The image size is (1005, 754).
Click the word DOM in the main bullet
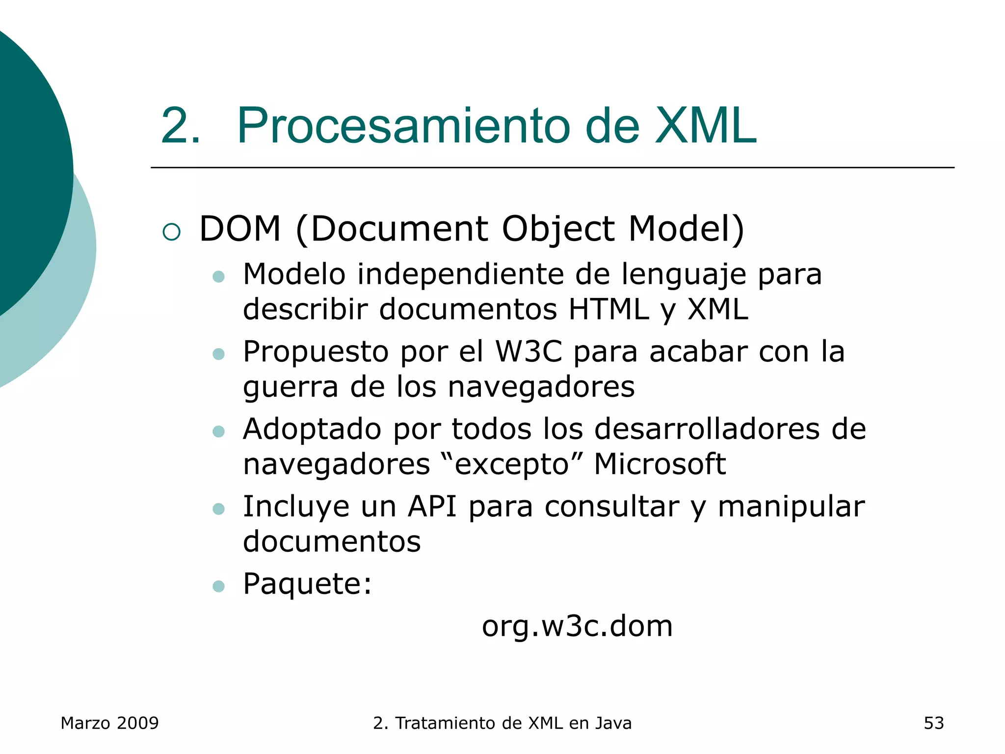click(240, 229)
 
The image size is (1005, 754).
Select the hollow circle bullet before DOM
click(171, 232)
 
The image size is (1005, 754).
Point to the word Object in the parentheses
click(558, 230)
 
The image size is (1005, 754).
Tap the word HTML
click(608, 309)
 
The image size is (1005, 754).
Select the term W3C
click(529, 351)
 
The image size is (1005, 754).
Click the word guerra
click(291, 387)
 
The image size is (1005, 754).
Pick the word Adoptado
click(312, 429)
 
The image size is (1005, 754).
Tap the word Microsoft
click(660, 464)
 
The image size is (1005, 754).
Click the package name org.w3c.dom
click(577, 626)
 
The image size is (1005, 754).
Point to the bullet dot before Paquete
click(218, 586)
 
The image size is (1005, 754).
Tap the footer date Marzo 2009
click(109, 723)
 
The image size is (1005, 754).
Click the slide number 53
click(933, 723)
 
